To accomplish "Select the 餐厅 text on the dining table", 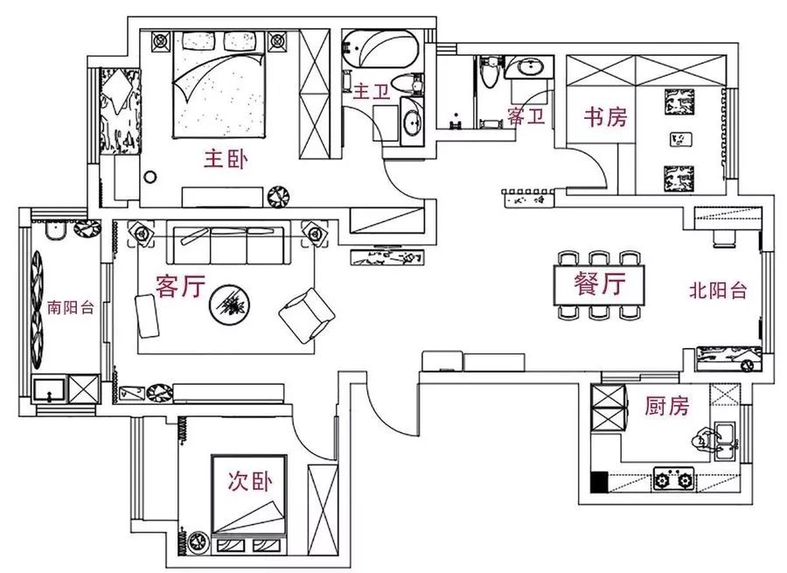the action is (x=601, y=283).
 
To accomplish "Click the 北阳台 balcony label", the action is (x=718, y=290).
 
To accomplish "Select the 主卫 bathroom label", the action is (x=370, y=91).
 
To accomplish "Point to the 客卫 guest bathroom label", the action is (x=526, y=115).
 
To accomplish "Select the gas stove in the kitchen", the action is (x=673, y=479).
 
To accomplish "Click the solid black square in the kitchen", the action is (x=599, y=480).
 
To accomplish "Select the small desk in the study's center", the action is (x=679, y=138).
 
